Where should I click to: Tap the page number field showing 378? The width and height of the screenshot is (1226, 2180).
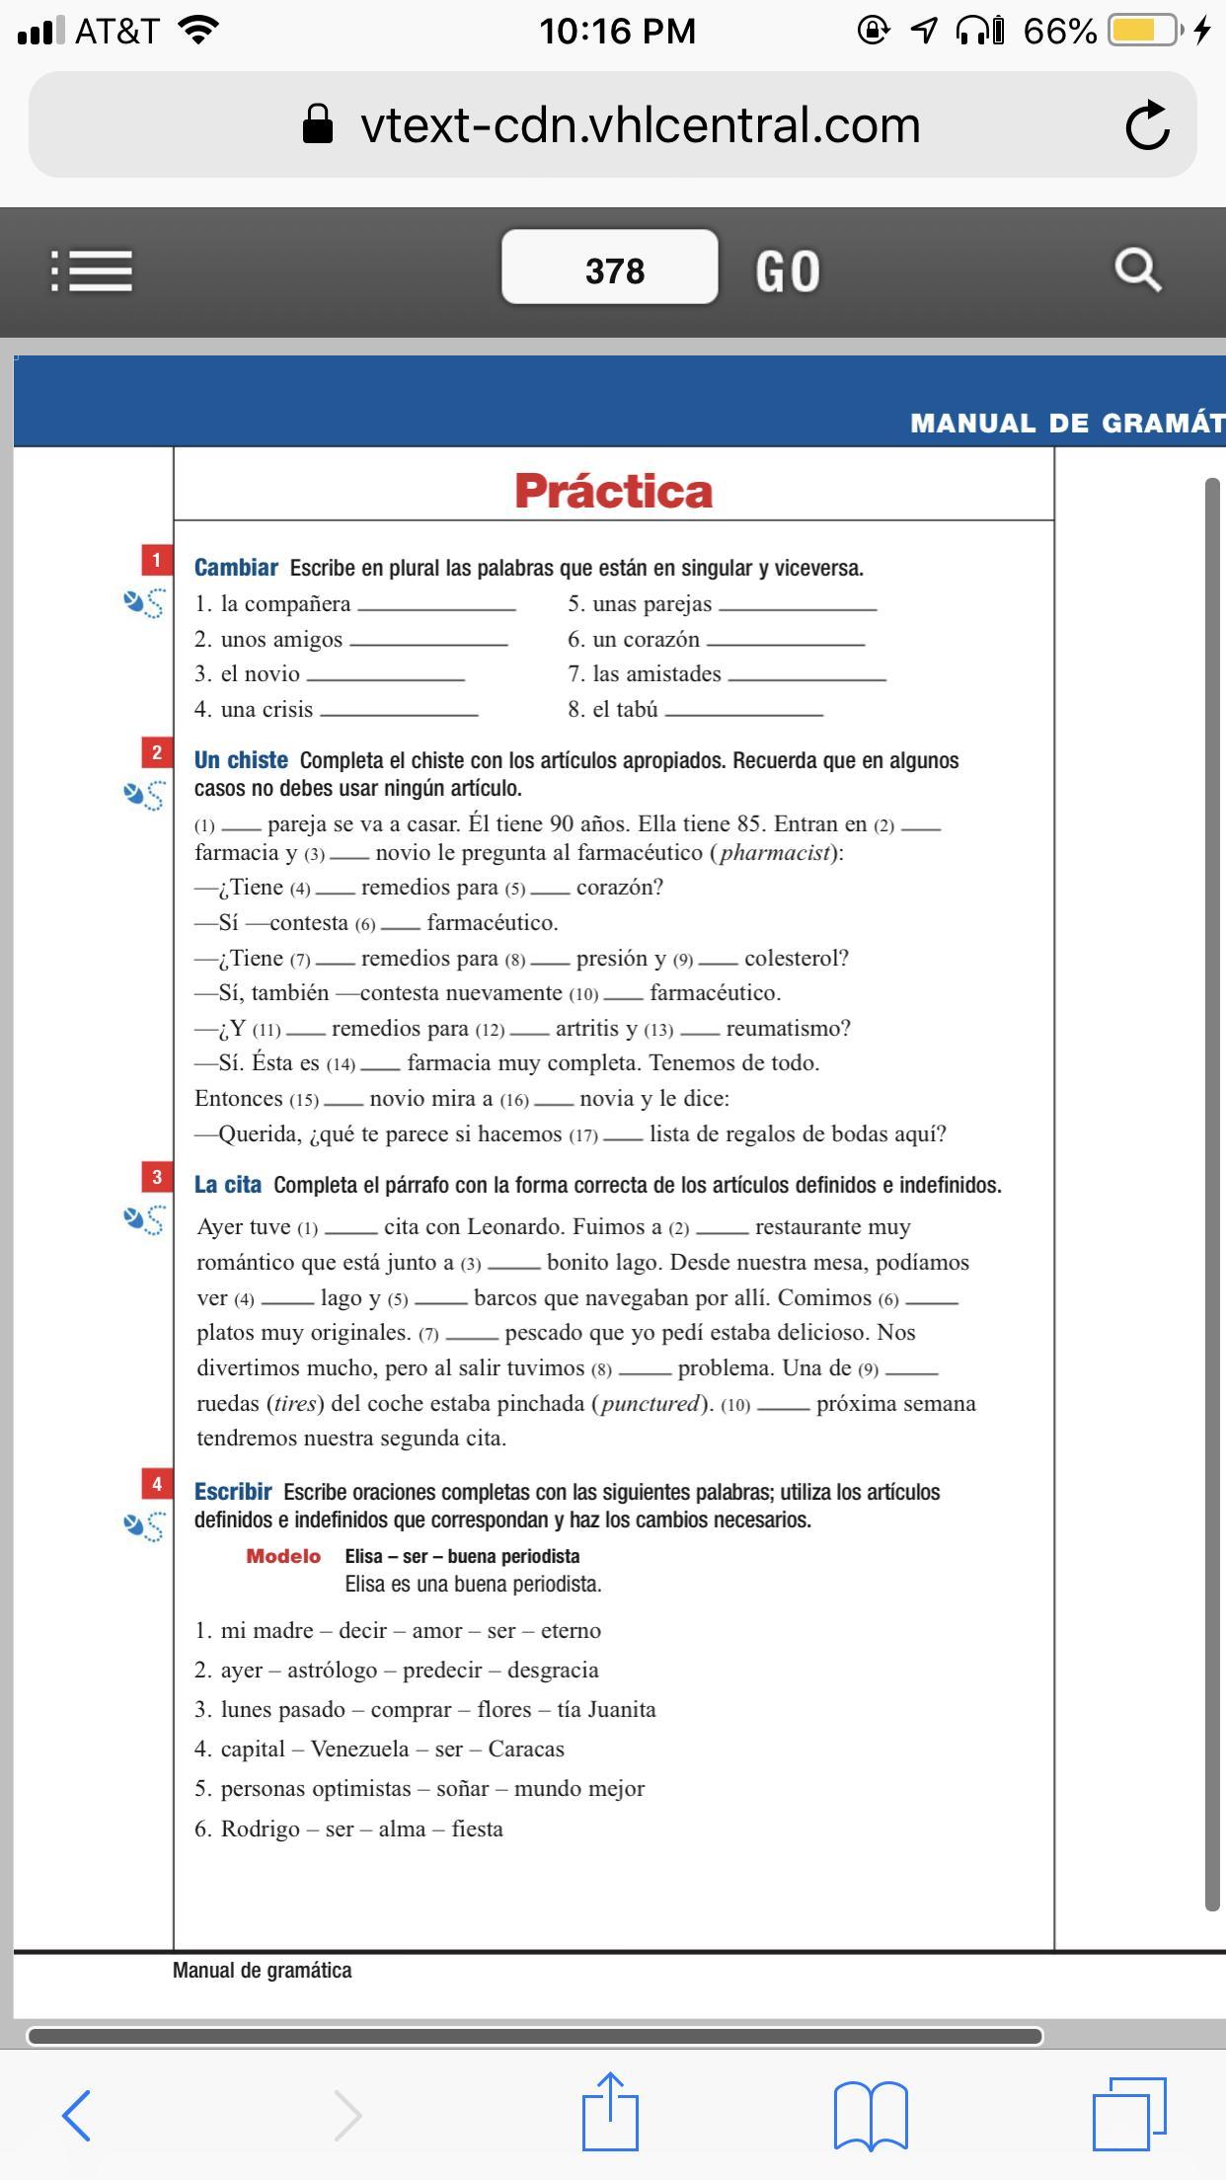609,269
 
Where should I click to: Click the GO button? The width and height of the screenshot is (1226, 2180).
788,272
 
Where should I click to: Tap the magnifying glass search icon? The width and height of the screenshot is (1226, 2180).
1137,270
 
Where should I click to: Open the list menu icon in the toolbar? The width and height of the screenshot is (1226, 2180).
92,271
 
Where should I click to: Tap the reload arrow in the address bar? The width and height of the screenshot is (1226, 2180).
1147,125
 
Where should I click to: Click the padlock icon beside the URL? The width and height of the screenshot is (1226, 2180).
317,125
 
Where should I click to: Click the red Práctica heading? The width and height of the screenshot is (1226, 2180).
613,491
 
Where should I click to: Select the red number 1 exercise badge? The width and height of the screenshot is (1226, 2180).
156,561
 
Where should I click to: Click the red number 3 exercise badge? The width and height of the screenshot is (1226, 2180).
156,1177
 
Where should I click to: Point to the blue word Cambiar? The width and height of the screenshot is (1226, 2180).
236,568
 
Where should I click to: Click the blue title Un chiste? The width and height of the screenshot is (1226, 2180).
241,760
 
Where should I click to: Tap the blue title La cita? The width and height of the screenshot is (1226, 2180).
228,1185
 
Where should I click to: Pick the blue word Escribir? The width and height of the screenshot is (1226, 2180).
233,1492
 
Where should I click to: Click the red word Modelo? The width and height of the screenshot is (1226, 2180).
283,1556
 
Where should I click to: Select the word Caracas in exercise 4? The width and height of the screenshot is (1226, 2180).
526,1749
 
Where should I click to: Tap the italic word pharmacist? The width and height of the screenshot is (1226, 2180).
774,852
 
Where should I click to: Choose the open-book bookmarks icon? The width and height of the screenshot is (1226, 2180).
871,2114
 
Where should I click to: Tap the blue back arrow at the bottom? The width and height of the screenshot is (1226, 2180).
77,2115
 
